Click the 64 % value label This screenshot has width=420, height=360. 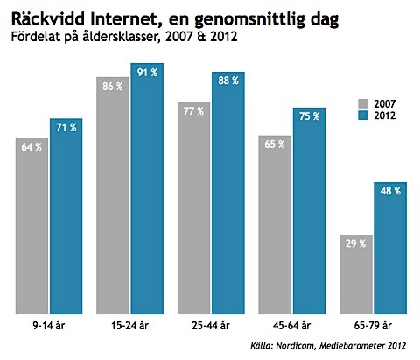pyautogui.click(x=31, y=146)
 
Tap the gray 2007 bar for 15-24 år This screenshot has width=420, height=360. pyautogui.click(x=113, y=201)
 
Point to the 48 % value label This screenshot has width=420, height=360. pyautogui.click(x=389, y=192)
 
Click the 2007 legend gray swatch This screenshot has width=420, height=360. pyautogui.click(x=367, y=102)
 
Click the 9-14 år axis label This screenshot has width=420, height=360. pyautogui.click(x=50, y=324)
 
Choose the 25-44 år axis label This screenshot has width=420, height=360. pyautogui.click(x=211, y=324)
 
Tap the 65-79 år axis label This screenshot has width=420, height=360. pyautogui.click(x=372, y=324)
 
